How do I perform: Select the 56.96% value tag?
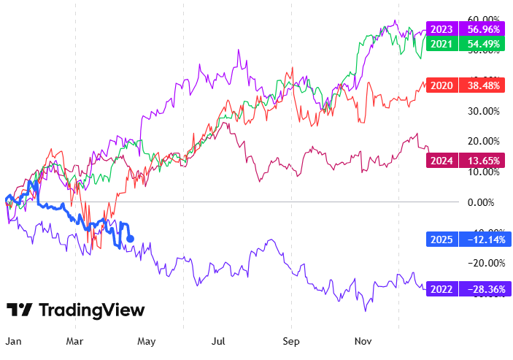pos(485,30)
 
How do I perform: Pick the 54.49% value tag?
pos(485,44)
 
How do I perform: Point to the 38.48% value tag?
pos(485,85)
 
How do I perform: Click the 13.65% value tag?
pos(485,161)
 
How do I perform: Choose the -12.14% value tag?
pos(485,239)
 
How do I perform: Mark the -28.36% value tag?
pos(485,289)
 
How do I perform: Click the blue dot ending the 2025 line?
pos(130,238)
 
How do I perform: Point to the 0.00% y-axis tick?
pos(483,202)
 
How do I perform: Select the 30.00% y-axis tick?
pos(483,111)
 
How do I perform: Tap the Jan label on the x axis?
pos(12,340)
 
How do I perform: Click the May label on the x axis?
pos(148,340)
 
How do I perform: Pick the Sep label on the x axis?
pos(291,340)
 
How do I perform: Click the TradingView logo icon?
pos(20,310)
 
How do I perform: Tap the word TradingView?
pos(91,310)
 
